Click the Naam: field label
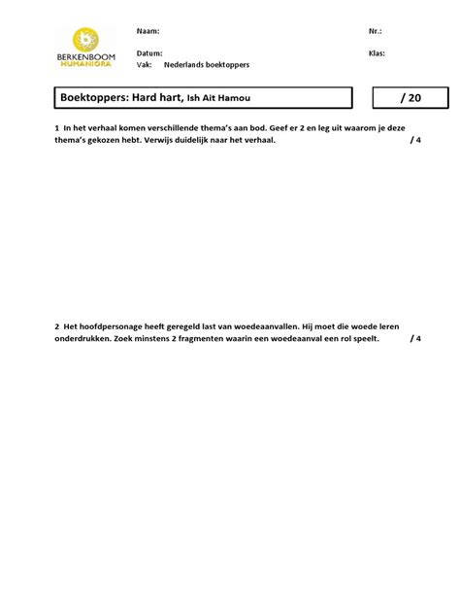point(148,31)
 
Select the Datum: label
point(149,53)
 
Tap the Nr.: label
point(376,31)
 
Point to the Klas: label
point(377,53)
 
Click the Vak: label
point(145,64)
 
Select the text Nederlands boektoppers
point(207,64)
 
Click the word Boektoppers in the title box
point(93,98)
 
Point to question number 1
point(57,128)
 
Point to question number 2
point(57,327)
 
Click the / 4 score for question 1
point(415,141)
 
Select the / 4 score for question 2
point(415,340)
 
